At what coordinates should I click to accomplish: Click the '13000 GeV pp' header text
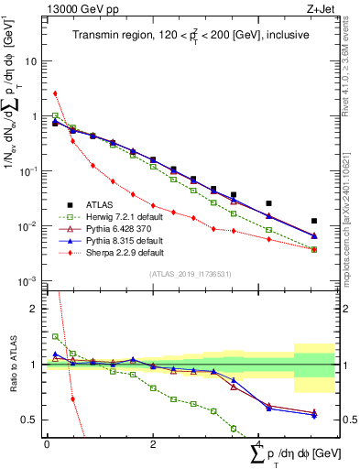tap(75, 8)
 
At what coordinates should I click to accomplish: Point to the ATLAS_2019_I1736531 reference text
tap(190, 274)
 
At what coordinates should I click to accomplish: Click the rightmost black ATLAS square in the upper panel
tap(314, 221)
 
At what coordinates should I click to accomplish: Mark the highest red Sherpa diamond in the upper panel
tap(56, 93)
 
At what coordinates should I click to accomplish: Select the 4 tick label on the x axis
tap(260, 444)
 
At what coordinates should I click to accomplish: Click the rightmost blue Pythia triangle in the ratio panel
tap(314, 415)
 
